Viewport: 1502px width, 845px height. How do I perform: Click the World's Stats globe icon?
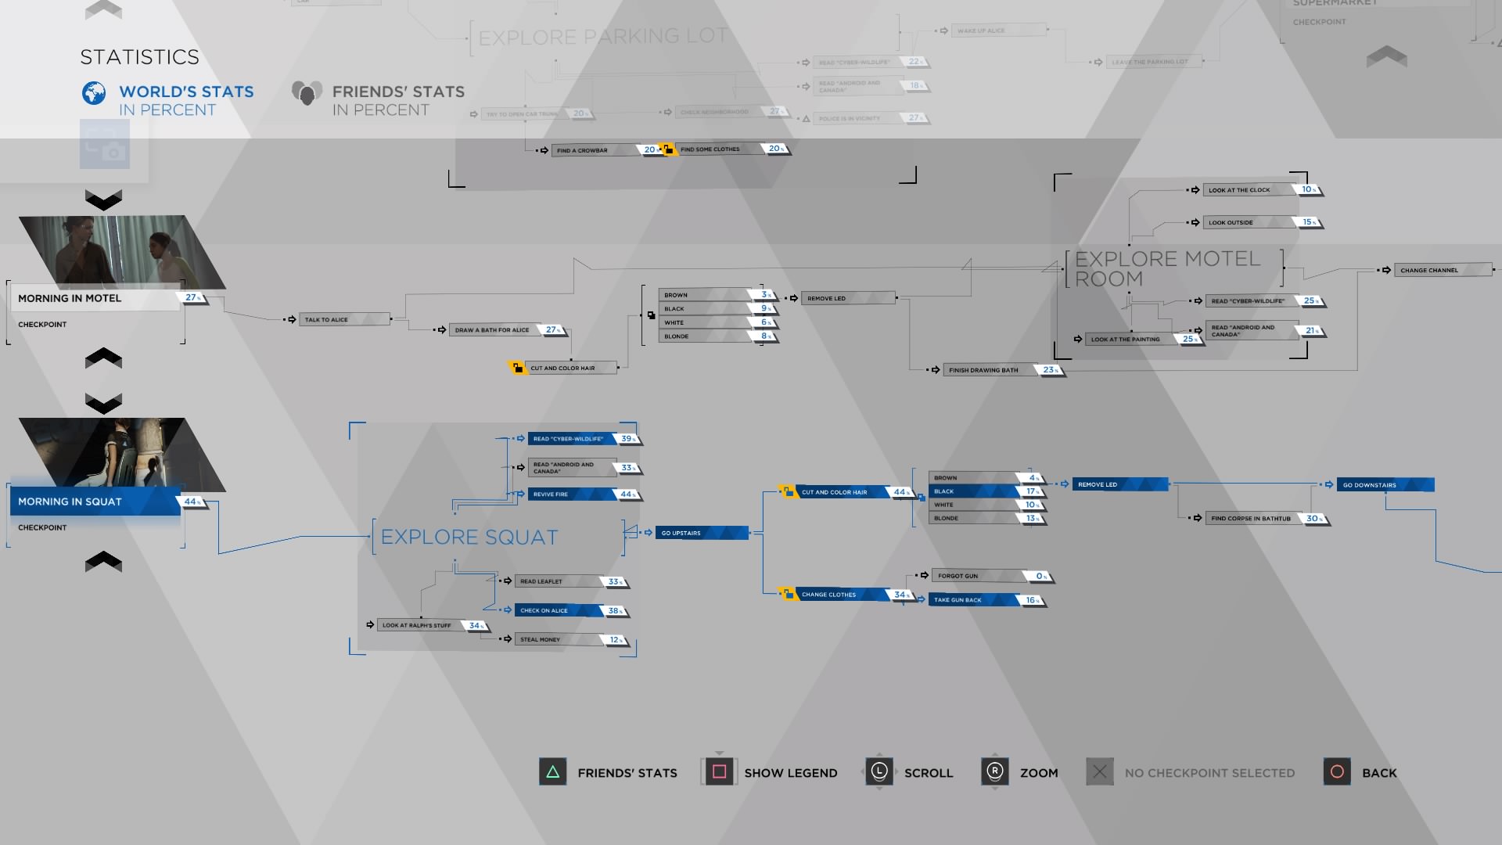click(94, 93)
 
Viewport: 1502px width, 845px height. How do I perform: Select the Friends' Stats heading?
click(397, 92)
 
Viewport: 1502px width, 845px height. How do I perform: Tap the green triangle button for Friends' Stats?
click(552, 772)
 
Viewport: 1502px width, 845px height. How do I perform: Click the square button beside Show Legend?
click(719, 772)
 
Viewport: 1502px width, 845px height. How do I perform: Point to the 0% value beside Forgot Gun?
click(1040, 577)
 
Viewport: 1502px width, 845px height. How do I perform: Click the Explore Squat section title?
click(469, 537)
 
